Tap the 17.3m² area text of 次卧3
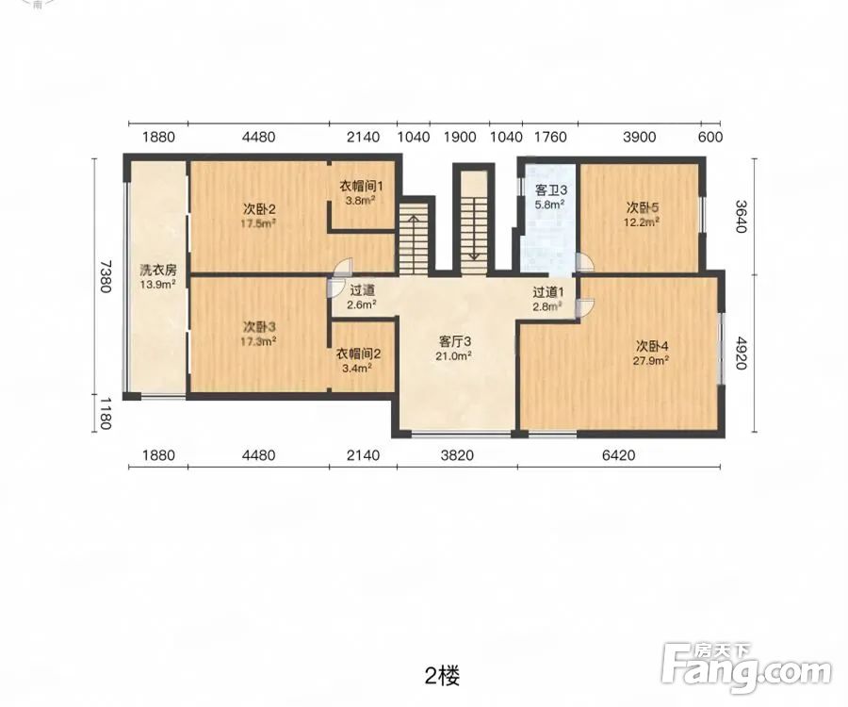click(258, 341)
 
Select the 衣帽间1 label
click(361, 186)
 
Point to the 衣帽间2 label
click(359, 353)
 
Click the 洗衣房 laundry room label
click(158, 270)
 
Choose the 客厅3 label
click(455, 341)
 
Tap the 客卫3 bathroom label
click(550, 189)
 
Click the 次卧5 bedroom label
click(643, 207)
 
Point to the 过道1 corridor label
click(548, 292)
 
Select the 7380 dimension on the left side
click(105, 276)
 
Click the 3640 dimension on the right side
click(741, 217)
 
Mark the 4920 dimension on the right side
click(741, 353)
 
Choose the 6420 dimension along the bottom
click(619, 455)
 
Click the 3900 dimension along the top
click(639, 137)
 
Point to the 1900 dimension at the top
click(460, 137)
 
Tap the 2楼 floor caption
click(443, 676)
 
